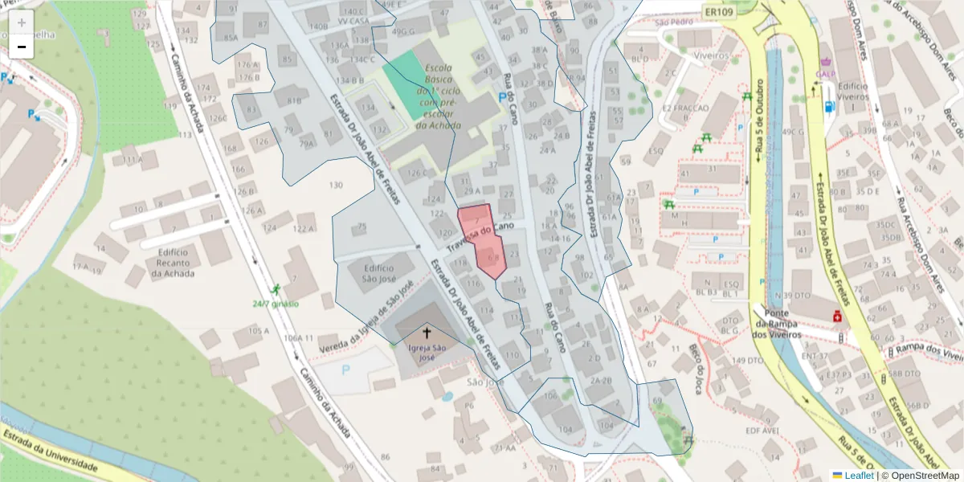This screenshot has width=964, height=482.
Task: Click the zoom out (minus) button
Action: (21, 47)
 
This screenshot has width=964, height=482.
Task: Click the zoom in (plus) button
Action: (21, 22)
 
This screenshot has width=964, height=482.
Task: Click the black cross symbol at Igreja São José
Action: (427, 332)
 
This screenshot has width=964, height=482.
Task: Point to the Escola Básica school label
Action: (439, 96)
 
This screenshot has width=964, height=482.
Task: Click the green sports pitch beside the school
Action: (407, 80)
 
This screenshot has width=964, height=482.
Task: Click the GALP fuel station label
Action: (826, 74)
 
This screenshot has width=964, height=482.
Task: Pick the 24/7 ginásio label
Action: (275, 303)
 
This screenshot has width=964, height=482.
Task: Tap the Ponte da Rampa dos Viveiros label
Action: (776, 324)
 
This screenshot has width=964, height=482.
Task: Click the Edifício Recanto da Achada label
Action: (170, 263)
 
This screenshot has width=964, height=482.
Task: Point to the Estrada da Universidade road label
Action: (50, 452)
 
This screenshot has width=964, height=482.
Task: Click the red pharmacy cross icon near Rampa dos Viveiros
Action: (837, 317)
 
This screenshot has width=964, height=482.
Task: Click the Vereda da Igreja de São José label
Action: (365, 317)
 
